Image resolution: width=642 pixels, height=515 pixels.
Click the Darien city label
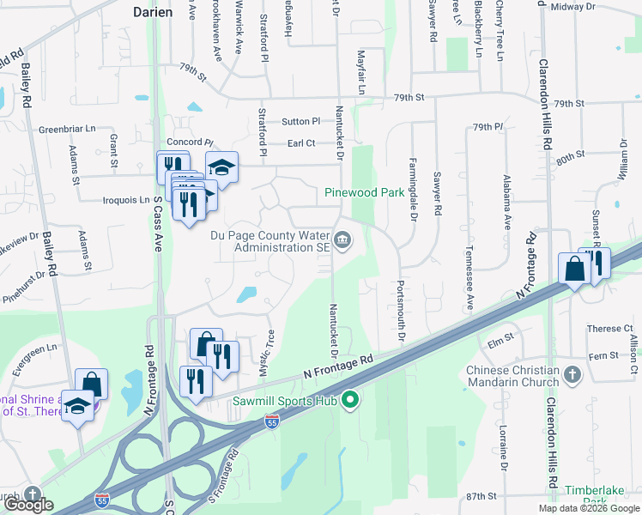154,12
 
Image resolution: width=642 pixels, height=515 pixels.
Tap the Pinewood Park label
364,193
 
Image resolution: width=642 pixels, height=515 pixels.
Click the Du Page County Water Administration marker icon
342,239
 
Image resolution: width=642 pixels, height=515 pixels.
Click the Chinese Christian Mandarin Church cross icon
574,374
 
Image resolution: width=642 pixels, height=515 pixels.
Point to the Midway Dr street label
573,7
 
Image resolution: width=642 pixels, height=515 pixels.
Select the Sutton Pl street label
300,122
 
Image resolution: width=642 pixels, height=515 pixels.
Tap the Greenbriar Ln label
67,130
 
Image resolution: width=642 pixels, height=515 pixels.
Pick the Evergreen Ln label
40,356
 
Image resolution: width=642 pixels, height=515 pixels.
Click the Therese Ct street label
609,329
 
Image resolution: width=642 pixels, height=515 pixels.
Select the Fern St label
603,355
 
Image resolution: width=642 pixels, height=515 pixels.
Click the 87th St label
481,496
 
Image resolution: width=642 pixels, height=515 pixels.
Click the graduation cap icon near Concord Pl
222,167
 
